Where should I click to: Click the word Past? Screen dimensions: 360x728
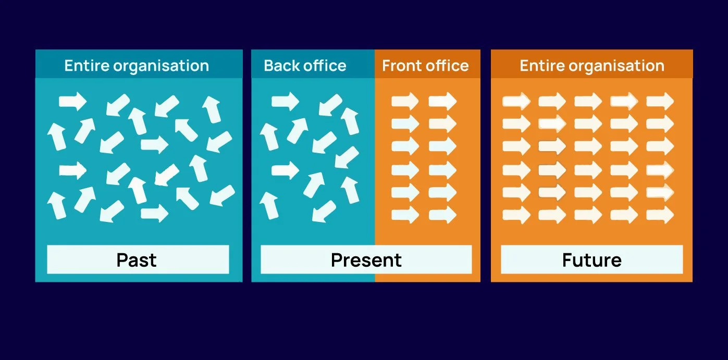pyautogui.click(x=137, y=260)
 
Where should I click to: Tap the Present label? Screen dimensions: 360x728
pyautogui.click(x=366, y=260)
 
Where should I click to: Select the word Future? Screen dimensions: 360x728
pyautogui.click(x=591, y=260)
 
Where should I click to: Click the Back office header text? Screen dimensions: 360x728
pyautogui.click(x=305, y=66)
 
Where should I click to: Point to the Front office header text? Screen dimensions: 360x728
pyautogui.click(x=425, y=66)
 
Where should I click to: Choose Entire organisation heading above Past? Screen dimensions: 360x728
pyautogui.click(x=137, y=66)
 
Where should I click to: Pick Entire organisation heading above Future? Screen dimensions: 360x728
pyautogui.click(x=592, y=66)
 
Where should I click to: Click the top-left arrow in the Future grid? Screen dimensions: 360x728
pyautogui.click(x=516, y=101)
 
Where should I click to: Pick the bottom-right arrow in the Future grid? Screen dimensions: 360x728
pyautogui.click(x=660, y=214)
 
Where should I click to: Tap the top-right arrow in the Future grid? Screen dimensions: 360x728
pyautogui.click(x=660, y=101)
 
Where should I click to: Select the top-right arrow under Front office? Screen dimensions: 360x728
pyautogui.click(x=442, y=101)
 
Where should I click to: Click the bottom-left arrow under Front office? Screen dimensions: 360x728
pyautogui.click(x=405, y=214)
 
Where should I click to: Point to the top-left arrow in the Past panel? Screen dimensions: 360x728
pyautogui.click(x=72, y=101)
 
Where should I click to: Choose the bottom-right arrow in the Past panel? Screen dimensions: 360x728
pyautogui.click(x=222, y=195)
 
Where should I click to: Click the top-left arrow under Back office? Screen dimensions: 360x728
pyautogui.click(x=285, y=101)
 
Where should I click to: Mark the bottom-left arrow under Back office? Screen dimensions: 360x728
pyautogui.click(x=269, y=205)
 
